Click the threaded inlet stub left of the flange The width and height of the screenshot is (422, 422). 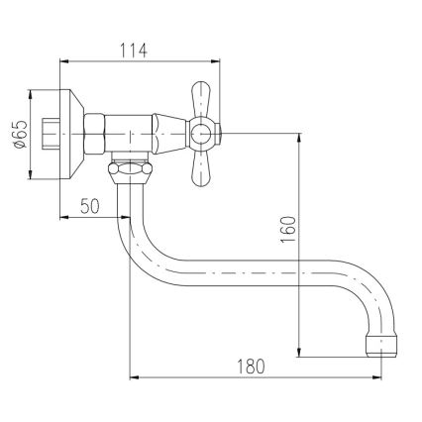(x=46, y=131)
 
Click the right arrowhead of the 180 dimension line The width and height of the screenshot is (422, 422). (x=377, y=377)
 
